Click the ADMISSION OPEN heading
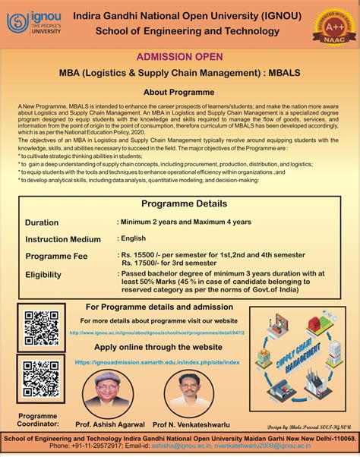coord(179,57)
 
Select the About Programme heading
coord(179,91)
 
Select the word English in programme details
coord(135,238)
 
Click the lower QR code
coord(40,378)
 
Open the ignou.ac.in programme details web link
coord(158,332)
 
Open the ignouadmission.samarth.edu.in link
coord(157,363)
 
